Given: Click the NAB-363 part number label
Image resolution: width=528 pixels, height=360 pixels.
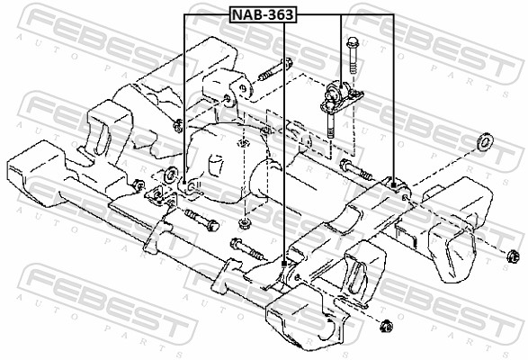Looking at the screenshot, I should click(262, 14).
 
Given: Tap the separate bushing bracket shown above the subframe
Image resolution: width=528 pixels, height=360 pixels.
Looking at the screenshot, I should click(338, 94).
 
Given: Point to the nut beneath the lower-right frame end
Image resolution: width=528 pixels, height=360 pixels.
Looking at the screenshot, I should click(386, 325).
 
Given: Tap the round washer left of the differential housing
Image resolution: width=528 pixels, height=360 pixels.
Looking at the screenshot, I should click(170, 174).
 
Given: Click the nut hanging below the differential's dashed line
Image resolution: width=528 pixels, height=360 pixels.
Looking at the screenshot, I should click(246, 221).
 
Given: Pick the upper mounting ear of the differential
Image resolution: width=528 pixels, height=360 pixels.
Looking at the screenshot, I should click(235, 89).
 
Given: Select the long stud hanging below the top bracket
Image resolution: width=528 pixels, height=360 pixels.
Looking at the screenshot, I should click(331, 121).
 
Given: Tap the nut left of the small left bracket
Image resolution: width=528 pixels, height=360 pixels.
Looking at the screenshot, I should click(138, 185).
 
